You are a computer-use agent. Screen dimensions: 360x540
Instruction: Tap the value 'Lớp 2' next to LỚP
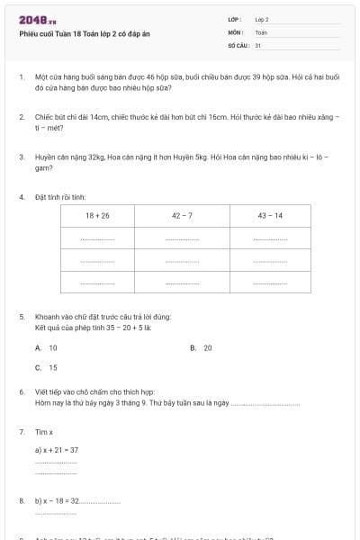click(x=262, y=19)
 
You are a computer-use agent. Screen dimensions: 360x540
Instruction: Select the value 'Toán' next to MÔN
click(x=261, y=31)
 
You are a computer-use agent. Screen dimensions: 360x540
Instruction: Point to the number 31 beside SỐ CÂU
click(x=258, y=44)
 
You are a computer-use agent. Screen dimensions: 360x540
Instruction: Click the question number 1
click(x=21, y=78)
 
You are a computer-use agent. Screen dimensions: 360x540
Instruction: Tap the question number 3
click(x=21, y=157)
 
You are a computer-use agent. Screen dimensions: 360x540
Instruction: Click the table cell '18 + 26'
click(x=97, y=216)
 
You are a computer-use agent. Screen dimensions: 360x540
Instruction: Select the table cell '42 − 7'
click(x=182, y=216)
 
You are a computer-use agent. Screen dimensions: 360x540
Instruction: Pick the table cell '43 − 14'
click(x=270, y=216)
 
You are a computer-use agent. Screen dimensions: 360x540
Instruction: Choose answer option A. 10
click(x=47, y=347)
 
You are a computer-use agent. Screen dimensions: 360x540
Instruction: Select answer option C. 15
click(x=47, y=367)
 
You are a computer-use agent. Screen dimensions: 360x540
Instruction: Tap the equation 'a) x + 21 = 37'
click(x=56, y=450)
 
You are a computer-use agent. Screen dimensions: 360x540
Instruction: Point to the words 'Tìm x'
click(x=44, y=432)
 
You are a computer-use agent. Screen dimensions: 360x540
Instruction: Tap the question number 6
click(x=21, y=392)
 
